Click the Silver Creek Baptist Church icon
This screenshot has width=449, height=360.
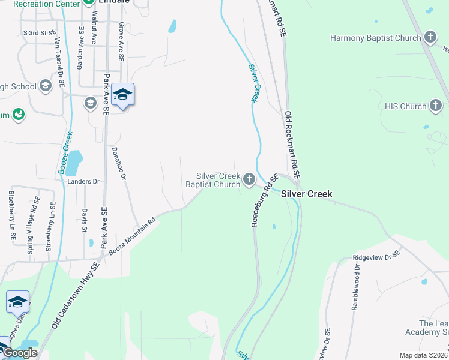pos(249,179)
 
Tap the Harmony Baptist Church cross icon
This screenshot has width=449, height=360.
pos(430,38)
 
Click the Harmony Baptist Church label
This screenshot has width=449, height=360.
pos(376,38)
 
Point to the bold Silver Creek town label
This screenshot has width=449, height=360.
pos(306,194)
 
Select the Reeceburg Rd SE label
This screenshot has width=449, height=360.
pos(263,200)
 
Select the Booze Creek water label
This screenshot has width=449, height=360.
pos(65,154)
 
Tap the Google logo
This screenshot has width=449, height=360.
pos(20,353)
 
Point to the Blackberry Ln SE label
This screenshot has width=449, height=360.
pos(12,216)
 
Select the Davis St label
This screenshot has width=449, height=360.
pos(85,220)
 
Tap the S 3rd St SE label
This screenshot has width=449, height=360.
pos(39,32)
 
